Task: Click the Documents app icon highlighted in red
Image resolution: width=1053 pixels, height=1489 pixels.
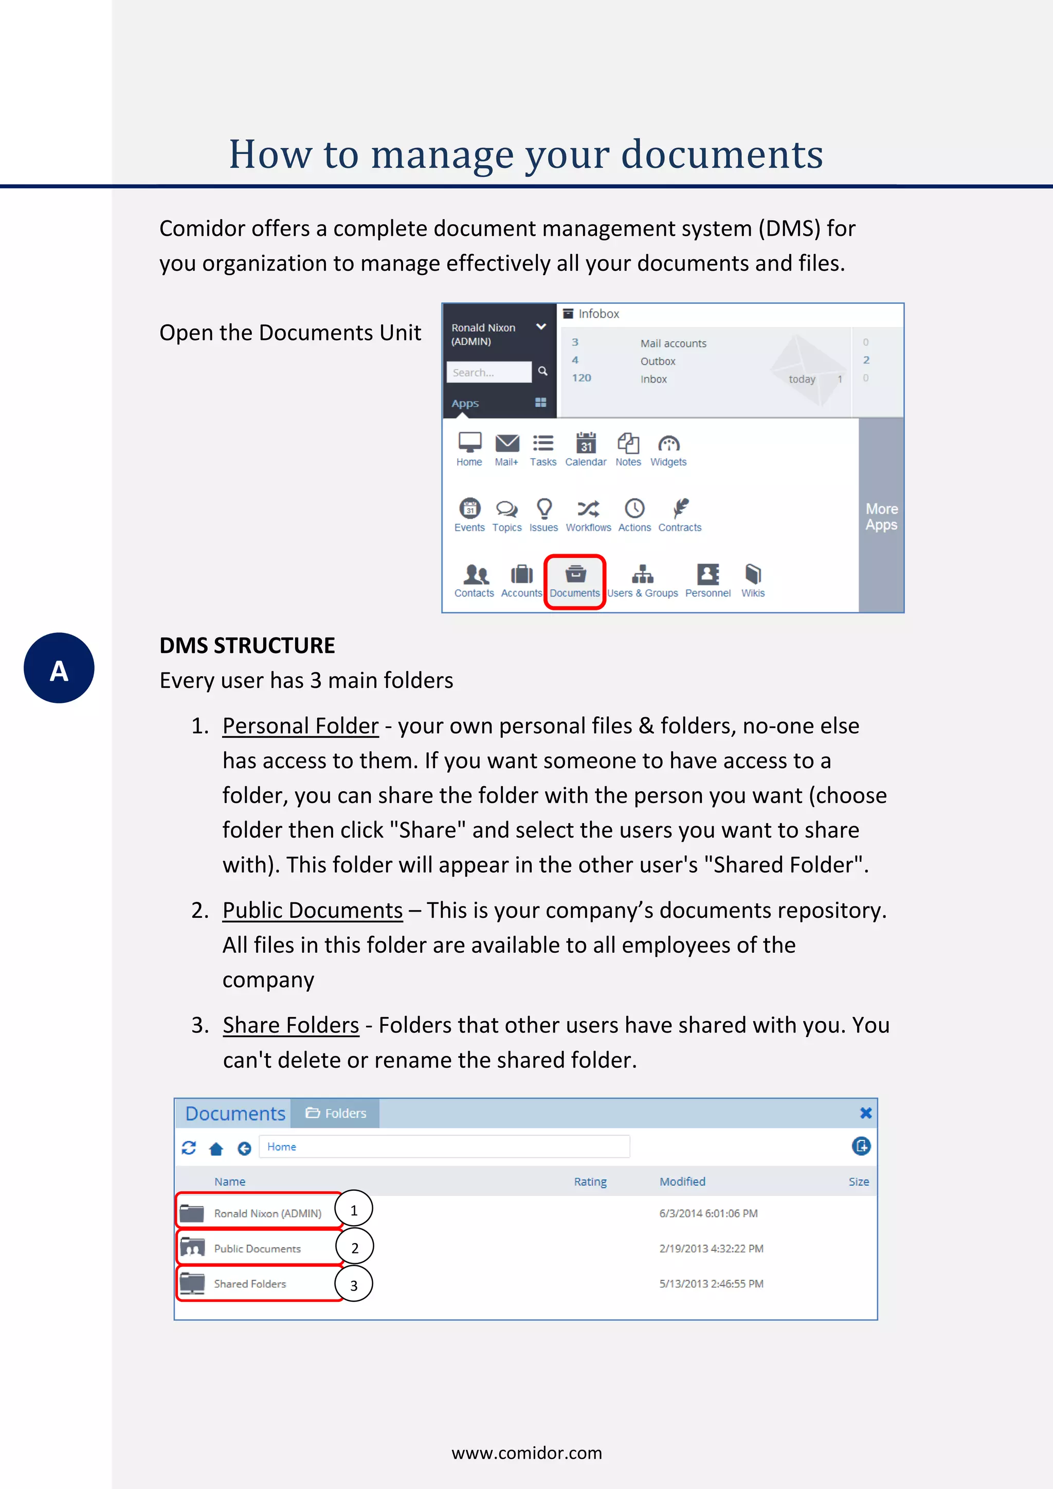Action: coord(575,580)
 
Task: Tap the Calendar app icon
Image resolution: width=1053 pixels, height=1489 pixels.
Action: coord(586,449)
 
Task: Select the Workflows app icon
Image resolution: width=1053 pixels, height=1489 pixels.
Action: coord(588,515)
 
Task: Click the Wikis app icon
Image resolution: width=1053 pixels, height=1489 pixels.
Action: coord(753,580)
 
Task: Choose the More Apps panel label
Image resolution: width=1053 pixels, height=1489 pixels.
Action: coord(881,517)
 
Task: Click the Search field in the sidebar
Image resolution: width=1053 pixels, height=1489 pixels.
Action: coord(489,372)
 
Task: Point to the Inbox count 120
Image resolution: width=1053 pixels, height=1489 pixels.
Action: coord(581,378)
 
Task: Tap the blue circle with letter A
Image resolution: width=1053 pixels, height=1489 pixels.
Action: coord(59,668)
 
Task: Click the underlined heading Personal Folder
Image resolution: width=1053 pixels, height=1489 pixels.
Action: coord(300,725)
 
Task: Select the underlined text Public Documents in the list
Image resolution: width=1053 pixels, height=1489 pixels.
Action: coord(313,911)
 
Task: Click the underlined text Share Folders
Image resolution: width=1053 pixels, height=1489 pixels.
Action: coord(291,1025)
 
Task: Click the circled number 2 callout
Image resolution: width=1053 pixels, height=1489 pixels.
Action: coord(355,1248)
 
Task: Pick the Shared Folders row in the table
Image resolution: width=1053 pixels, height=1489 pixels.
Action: coord(250,1283)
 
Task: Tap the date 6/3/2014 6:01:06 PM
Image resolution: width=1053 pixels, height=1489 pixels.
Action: coord(708,1213)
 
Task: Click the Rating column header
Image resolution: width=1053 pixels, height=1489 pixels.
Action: coord(590,1182)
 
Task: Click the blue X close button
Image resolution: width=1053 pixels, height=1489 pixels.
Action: coord(865,1113)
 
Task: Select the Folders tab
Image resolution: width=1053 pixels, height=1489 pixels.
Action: coord(335,1113)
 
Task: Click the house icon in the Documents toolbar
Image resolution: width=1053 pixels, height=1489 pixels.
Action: coord(216,1149)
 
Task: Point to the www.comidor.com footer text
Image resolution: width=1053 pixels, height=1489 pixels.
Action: coord(526,1452)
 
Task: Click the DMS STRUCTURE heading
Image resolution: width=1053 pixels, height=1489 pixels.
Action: coord(247,645)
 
